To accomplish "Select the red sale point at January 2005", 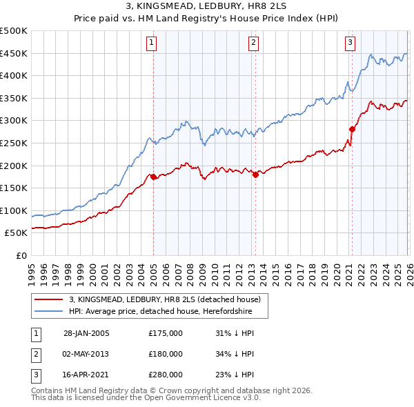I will (153, 177).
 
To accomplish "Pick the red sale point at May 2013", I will (255, 175).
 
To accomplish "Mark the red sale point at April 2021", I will (352, 129).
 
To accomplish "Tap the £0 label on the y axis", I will (21, 256).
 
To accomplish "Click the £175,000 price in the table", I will (165, 333).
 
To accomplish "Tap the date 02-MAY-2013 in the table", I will (86, 354).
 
